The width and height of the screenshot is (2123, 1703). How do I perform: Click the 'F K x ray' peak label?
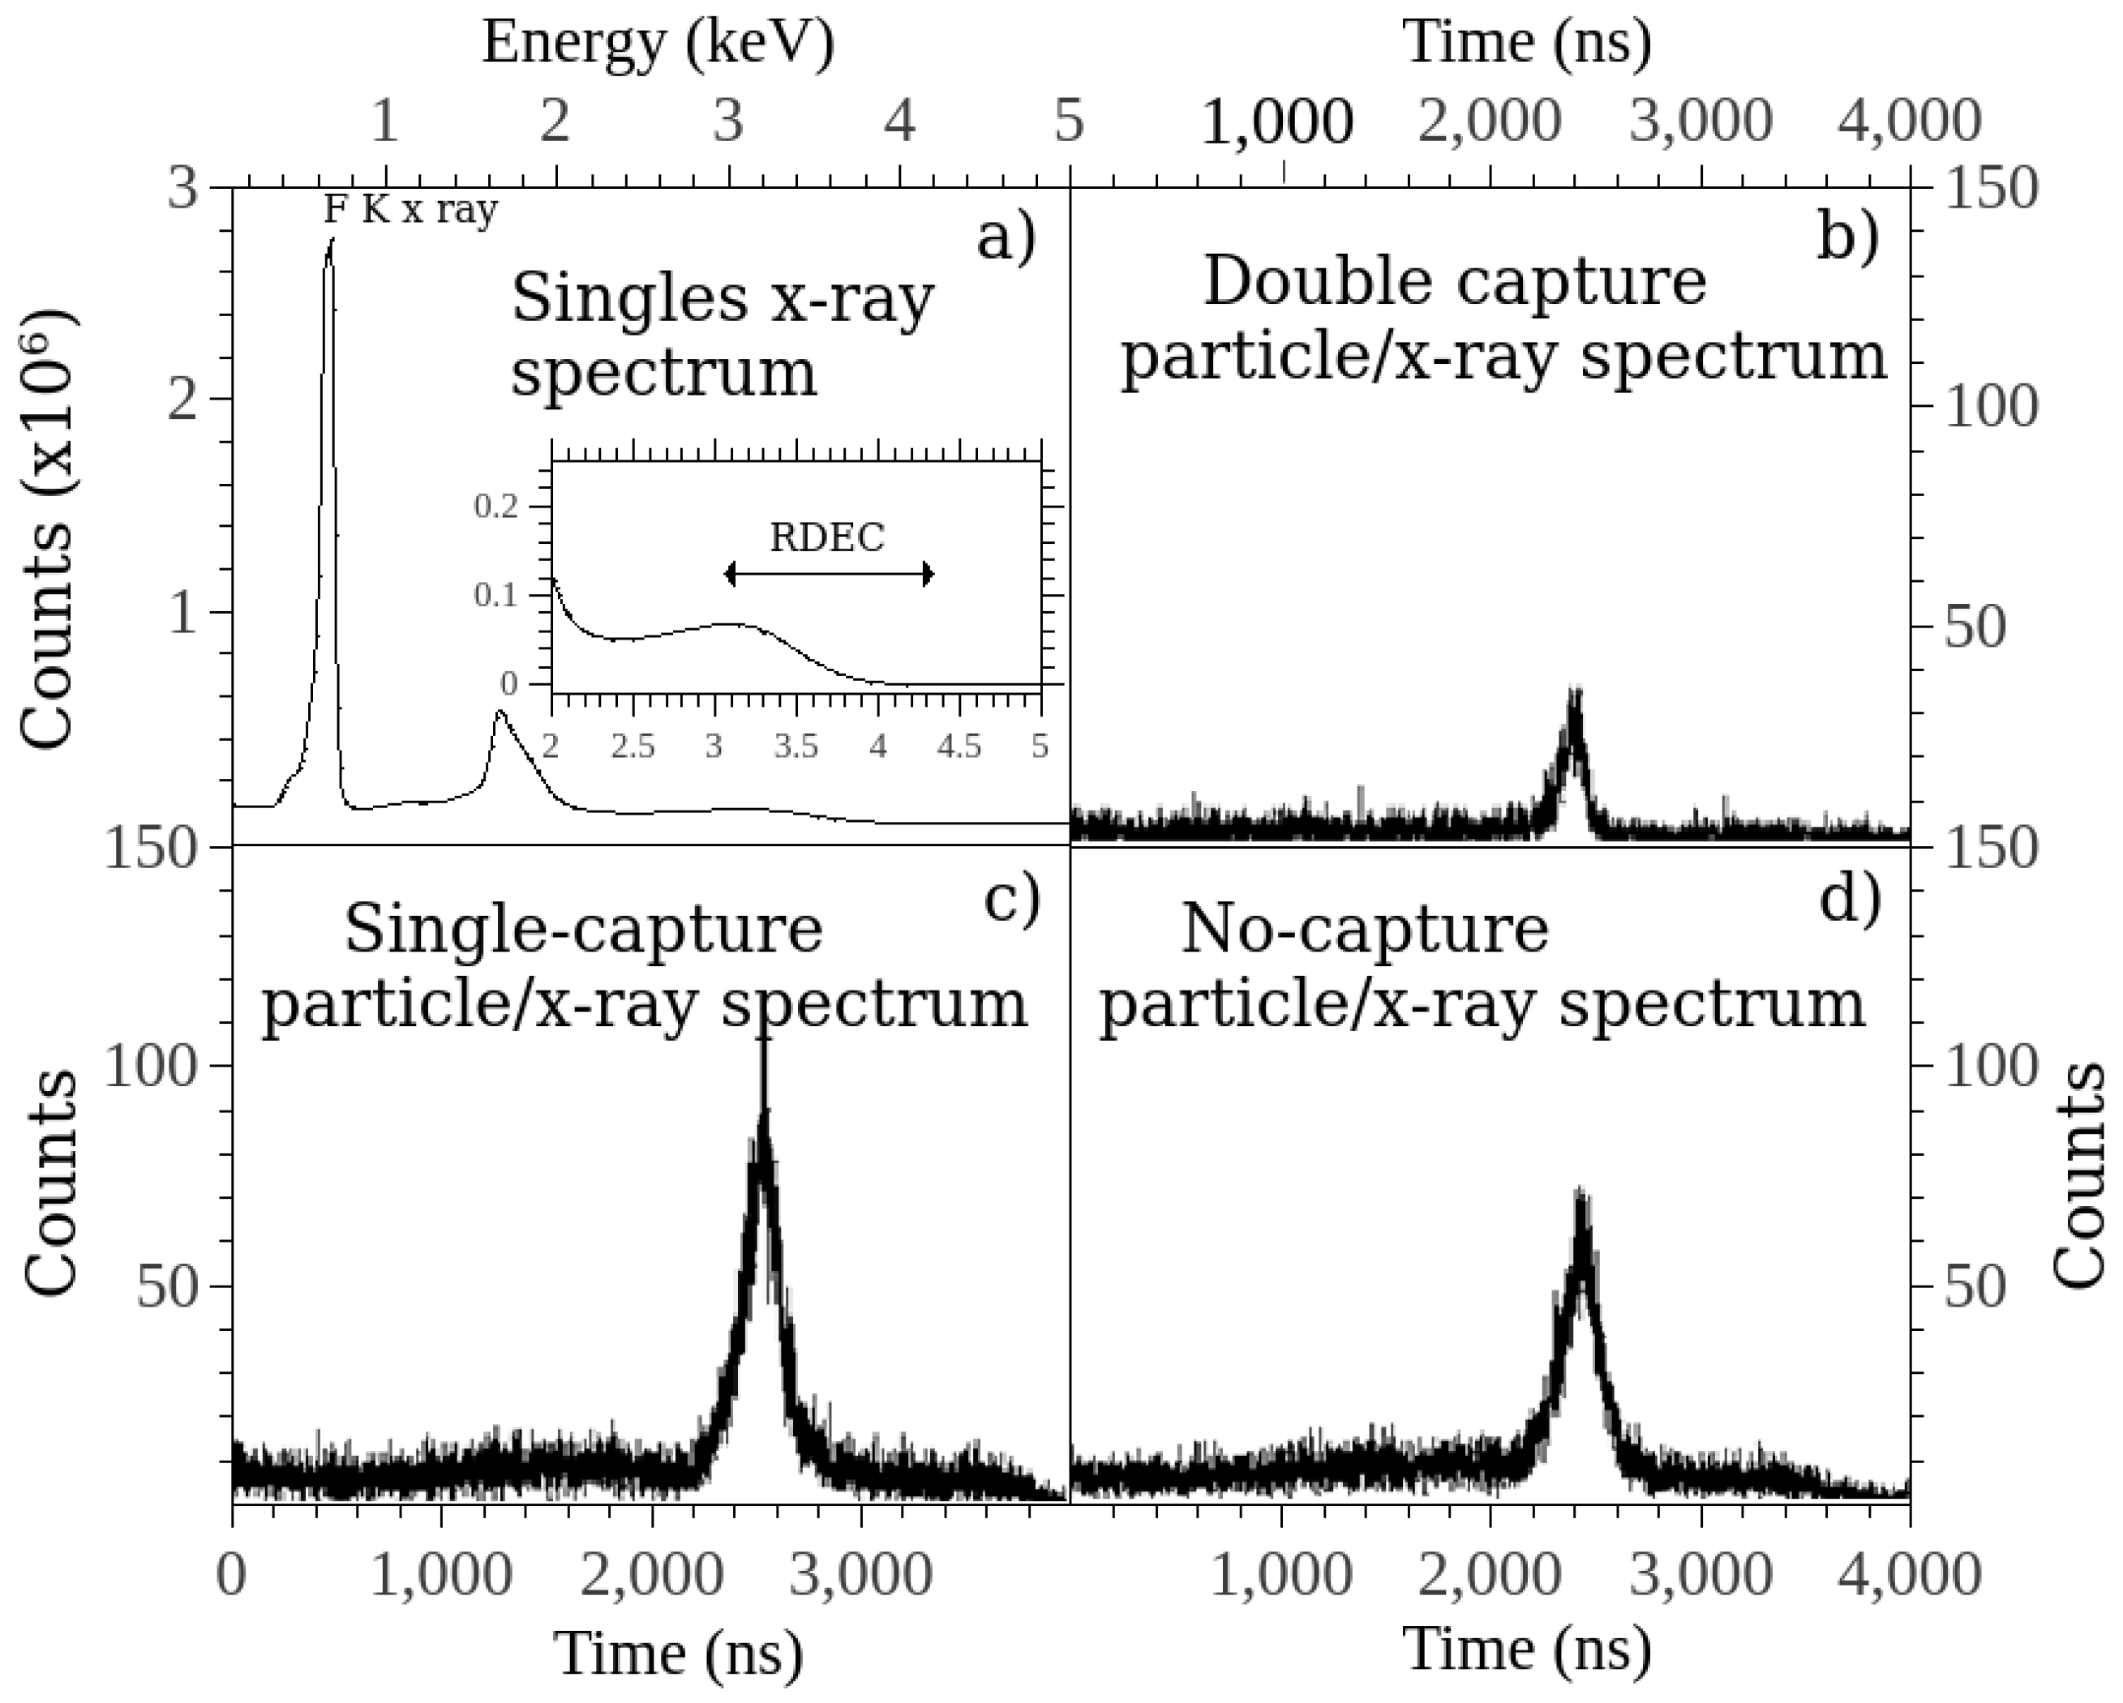[x=410, y=210]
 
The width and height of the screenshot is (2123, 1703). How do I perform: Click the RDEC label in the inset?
[x=827, y=537]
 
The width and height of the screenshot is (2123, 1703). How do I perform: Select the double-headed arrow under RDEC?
[x=828, y=575]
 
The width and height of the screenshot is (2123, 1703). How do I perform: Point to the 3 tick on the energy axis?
[x=727, y=122]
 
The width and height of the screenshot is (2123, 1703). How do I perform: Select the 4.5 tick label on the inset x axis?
[x=959, y=747]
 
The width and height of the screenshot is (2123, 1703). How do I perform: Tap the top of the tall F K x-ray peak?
[x=331, y=240]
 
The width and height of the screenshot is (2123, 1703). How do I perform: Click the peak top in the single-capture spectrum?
[x=763, y=1033]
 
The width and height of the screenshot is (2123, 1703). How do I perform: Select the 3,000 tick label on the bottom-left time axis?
[x=861, y=1576]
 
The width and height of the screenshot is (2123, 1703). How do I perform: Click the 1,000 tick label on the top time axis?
[x=1278, y=122]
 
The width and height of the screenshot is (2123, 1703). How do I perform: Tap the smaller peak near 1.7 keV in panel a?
[x=500, y=712]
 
